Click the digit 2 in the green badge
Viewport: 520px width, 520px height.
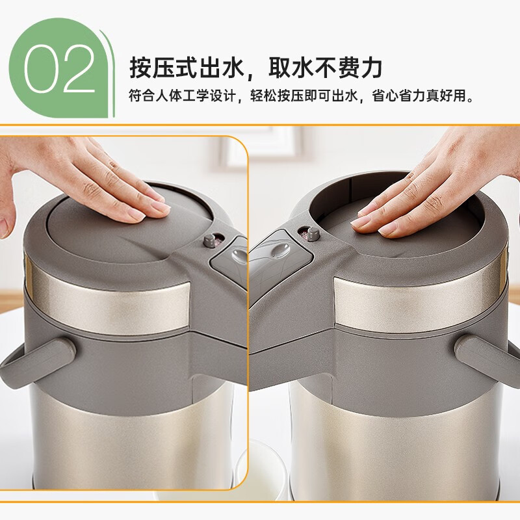click(x=79, y=68)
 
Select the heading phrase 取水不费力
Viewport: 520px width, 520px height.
click(x=326, y=67)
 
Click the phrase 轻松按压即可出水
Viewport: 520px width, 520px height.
click(x=305, y=97)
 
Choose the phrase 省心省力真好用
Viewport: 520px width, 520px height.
click(x=421, y=97)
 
